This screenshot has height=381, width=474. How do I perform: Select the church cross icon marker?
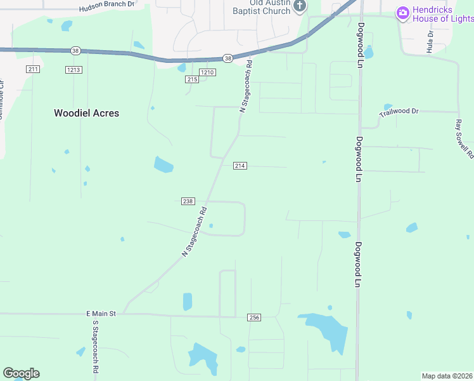(300, 6)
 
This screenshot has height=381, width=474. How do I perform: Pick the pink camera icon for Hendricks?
(402, 13)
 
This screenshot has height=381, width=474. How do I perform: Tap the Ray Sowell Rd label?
(464, 138)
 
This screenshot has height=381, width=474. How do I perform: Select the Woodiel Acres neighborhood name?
(86, 113)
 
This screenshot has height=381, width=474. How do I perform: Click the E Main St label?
(101, 314)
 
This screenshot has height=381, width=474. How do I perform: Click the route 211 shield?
(34, 69)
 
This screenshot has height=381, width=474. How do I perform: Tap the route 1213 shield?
(74, 69)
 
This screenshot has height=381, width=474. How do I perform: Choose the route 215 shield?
(193, 79)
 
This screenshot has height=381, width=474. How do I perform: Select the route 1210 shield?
(208, 72)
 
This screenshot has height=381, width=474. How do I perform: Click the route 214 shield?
(240, 166)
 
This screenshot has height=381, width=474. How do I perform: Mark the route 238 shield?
(188, 201)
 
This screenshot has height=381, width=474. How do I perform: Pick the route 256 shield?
(254, 317)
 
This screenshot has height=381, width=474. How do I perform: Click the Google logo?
(21, 373)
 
